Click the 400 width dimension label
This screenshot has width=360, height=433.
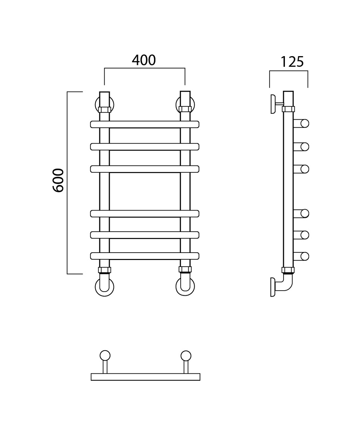tap(144, 60)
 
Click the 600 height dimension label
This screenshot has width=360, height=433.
tap(58, 180)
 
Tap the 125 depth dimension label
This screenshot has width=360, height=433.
tap(292, 62)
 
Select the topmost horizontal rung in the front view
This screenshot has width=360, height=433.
tap(145, 125)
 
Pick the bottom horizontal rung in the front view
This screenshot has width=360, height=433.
tap(145, 256)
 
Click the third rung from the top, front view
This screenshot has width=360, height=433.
tap(145, 169)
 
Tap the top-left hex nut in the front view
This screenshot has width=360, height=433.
tap(105, 109)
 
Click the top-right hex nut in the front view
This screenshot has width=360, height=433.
tap(185, 109)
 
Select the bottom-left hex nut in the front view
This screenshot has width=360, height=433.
tap(105, 270)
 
